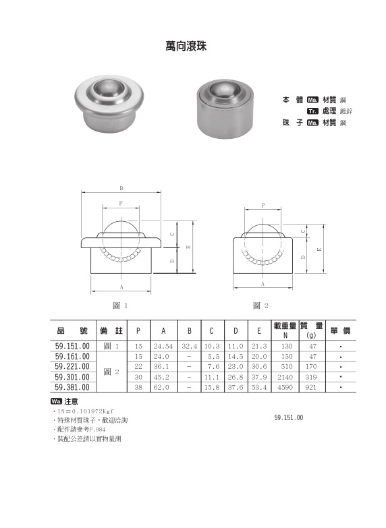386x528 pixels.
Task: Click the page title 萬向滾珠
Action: coord(189,47)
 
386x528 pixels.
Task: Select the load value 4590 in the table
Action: coord(286,388)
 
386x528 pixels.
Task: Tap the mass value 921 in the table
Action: coord(312,388)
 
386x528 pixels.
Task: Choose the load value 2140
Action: coord(286,378)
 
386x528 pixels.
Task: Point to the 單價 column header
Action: coord(341,330)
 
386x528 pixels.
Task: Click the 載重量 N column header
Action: coord(285,330)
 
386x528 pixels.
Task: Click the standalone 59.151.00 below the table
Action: coord(289,418)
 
